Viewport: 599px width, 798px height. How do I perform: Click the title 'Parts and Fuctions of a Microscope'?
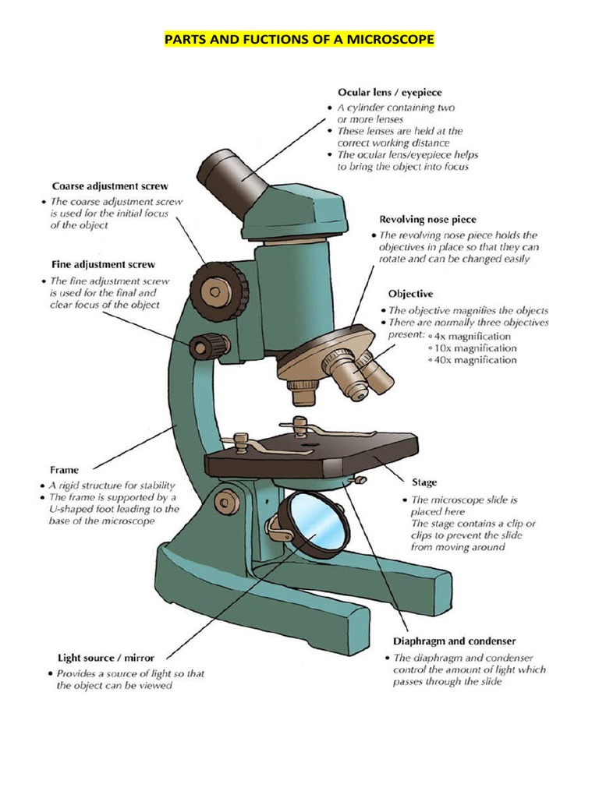pyautogui.click(x=299, y=38)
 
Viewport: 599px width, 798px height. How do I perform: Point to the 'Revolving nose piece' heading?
pyautogui.click(x=427, y=219)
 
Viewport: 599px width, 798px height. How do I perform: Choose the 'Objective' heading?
pyautogui.click(x=410, y=294)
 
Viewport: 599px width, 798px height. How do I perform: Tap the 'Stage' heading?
pyautogui.click(x=424, y=482)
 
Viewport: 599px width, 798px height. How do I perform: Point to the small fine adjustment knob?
pyautogui.click(x=209, y=345)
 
